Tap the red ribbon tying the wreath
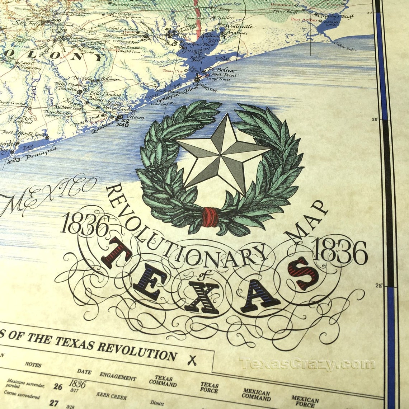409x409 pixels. tap(210, 217)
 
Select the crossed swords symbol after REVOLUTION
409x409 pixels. tap(193, 359)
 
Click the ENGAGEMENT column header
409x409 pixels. tap(118, 377)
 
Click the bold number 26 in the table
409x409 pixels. tap(57, 386)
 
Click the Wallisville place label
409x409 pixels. tap(239, 26)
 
